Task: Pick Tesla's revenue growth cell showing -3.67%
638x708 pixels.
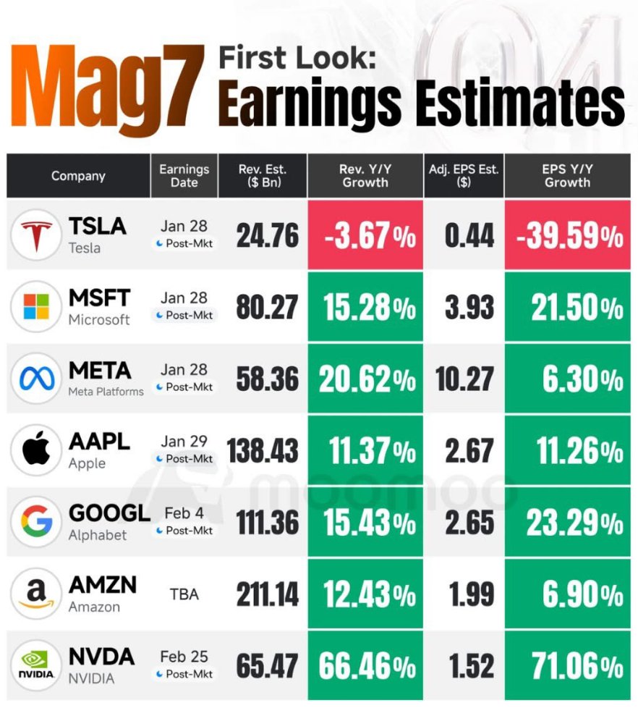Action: coord(365,236)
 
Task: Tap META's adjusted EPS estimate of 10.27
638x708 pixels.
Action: coord(464,379)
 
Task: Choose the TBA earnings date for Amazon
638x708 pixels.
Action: coord(184,594)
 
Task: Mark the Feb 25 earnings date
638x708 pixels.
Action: coord(184,657)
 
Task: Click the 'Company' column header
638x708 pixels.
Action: coord(78,176)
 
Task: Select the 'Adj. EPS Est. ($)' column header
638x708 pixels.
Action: coord(464,176)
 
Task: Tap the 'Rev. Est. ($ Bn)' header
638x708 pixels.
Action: coord(263,176)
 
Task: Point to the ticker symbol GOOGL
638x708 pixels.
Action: coord(109,513)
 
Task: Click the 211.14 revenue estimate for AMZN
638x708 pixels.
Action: coord(267,595)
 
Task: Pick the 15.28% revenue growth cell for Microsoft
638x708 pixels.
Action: coord(365,308)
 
